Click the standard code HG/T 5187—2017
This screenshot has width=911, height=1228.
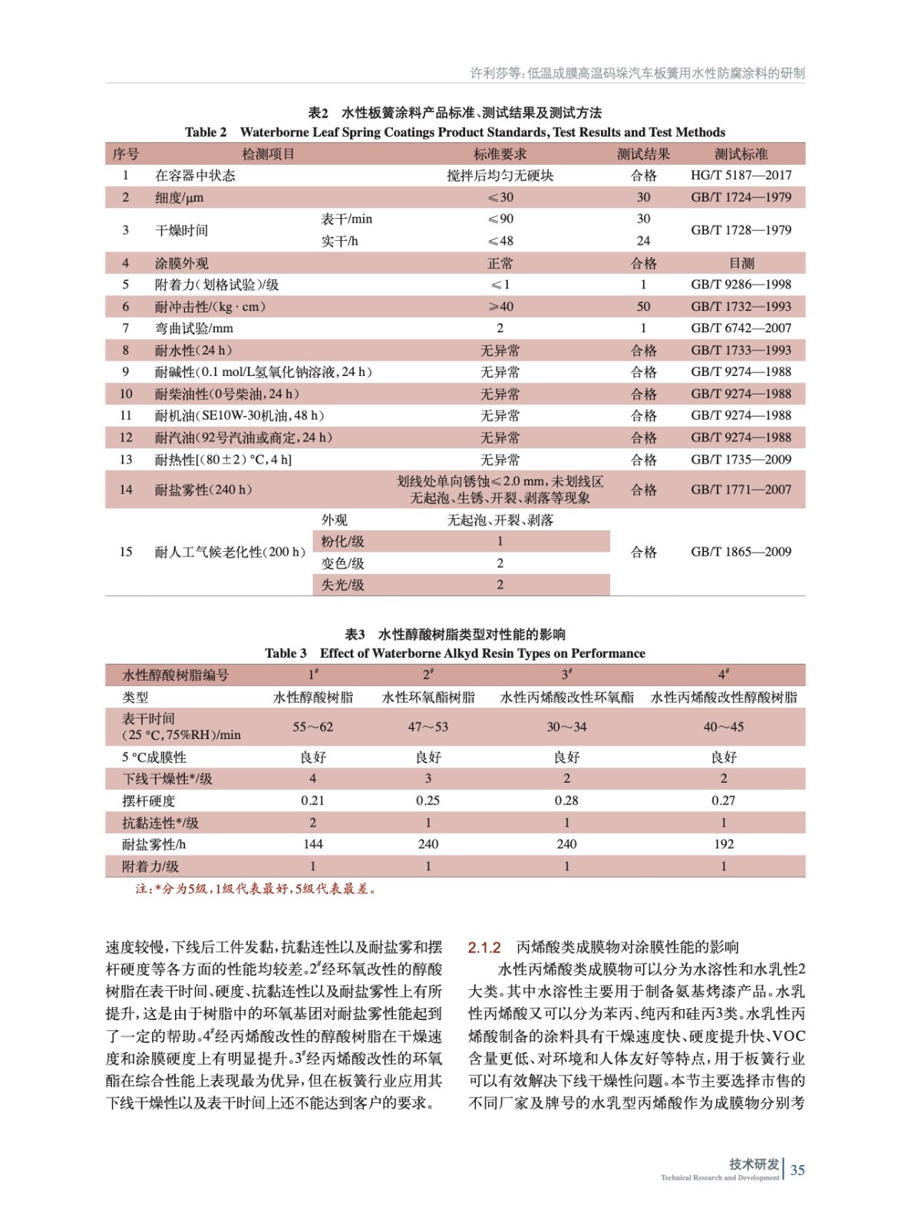tap(741, 175)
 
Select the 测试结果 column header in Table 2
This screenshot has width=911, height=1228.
tap(643, 154)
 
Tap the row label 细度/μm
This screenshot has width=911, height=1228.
tap(179, 197)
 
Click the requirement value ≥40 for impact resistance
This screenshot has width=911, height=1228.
tap(500, 306)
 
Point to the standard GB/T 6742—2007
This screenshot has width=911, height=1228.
tap(741, 328)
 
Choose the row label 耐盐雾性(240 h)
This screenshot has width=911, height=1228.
tap(203, 490)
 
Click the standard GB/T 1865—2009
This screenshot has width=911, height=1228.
tap(741, 552)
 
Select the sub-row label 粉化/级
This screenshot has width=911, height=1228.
tap(342, 541)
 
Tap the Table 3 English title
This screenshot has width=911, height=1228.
tap(455, 653)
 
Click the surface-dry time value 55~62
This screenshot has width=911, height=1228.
tap(312, 727)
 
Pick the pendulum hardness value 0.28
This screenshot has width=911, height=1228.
tap(566, 801)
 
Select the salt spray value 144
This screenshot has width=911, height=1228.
tap(312, 844)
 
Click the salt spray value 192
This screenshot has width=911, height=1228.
tap(723, 844)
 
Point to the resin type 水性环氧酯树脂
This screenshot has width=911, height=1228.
tap(428, 698)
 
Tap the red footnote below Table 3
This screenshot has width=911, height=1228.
tap(256, 889)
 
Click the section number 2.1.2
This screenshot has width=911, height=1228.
tap(484, 947)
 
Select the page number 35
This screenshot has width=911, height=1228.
tap(797, 1170)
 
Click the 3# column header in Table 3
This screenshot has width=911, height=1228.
tap(566, 675)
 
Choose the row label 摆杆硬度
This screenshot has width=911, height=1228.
tap(148, 801)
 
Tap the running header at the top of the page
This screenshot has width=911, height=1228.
tap(637, 74)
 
